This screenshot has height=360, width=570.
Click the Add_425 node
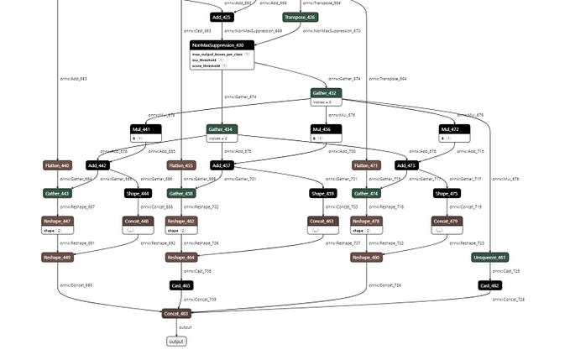pos(221,17)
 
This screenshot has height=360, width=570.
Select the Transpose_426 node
pos(300,17)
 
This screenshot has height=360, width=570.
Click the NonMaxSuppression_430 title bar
pos(222,45)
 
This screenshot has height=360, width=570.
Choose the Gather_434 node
pos(222,129)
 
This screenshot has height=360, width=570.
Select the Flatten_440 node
pos(57,165)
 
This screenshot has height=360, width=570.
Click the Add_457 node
pos(222,165)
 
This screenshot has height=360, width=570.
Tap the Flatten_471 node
pos(366,165)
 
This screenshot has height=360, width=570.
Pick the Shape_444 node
pos(138,193)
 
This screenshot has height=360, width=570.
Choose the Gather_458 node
pos(181,193)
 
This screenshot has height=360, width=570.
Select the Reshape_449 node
pos(58,258)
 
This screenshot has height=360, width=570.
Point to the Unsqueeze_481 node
pos(489,258)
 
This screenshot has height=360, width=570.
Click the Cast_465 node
pos(181,285)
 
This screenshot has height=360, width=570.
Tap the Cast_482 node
pos(489,285)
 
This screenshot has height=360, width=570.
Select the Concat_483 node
pos(176,313)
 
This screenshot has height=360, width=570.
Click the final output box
pos(176,342)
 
